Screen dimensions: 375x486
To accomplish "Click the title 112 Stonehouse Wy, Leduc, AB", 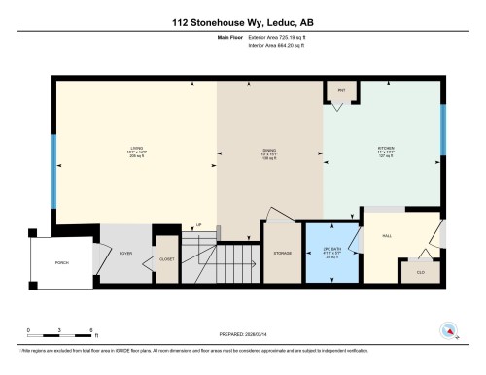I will coord(242,21).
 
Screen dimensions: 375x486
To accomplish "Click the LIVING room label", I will coord(136,149).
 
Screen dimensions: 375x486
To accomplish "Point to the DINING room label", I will coord(269,150).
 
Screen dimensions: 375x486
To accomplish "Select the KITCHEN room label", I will coord(384,149).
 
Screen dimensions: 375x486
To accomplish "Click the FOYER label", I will coord(125,253).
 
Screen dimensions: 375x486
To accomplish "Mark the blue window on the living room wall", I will coord(54,169).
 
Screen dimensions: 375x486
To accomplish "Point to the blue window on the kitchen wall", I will coord(443,126).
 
